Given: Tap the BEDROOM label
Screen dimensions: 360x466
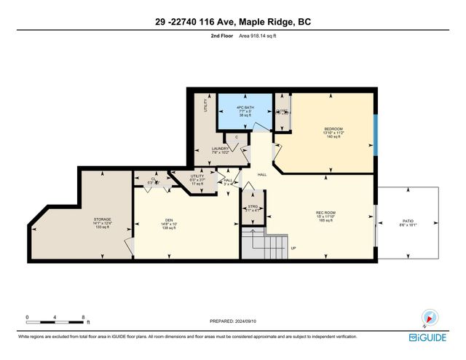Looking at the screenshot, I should [x=333, y=129].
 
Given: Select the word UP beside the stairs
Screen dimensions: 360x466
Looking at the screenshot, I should [x=293, y=249].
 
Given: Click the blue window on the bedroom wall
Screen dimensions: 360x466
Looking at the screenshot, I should [x=376, y=131].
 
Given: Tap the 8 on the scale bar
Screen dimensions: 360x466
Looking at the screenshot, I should [x=84, y=317].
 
